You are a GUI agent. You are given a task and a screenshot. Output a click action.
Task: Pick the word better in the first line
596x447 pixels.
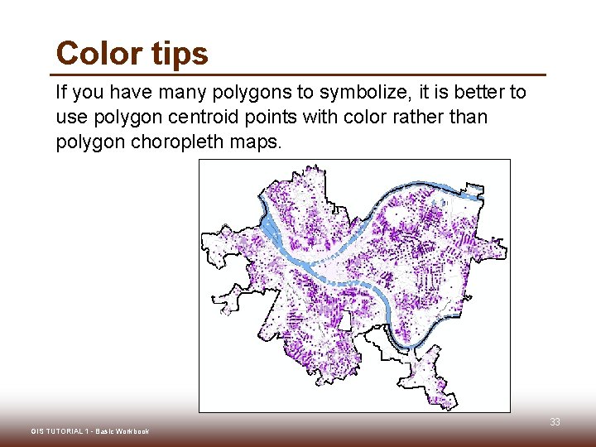(x=468, y=92)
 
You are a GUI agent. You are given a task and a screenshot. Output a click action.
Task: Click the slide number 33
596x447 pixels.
(x=555, y=422)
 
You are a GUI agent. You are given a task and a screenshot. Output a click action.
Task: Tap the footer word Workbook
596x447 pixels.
(x=132, y=431)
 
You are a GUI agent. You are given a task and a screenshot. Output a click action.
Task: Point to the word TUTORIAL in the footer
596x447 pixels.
(x=64, y=431)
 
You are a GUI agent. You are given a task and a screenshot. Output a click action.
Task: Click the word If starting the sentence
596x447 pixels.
(x=61, y=92)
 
